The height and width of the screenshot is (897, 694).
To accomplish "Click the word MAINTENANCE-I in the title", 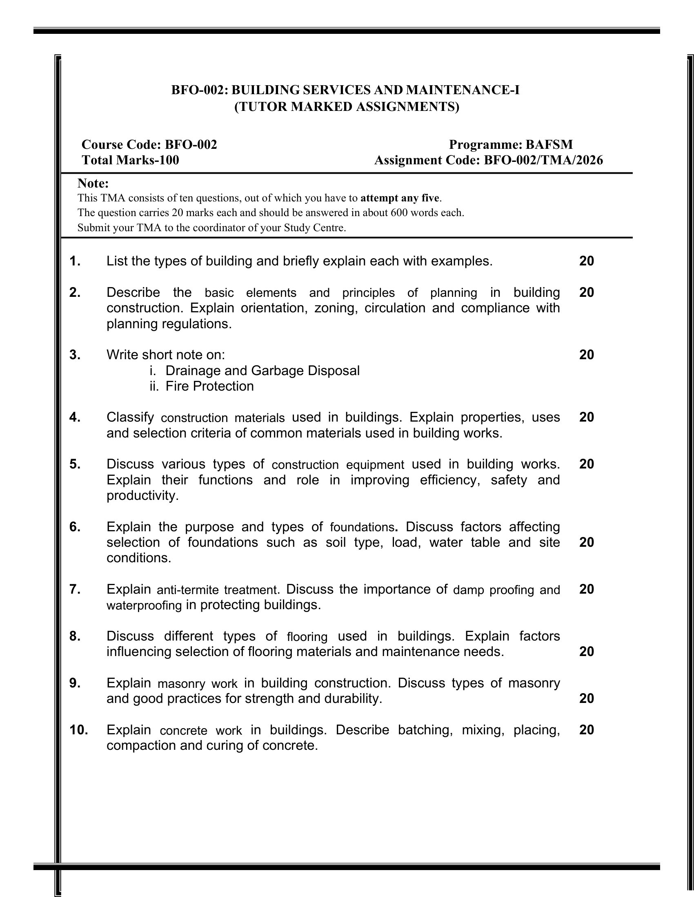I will [463, 90].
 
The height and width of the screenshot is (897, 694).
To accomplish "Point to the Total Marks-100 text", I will [130, 160].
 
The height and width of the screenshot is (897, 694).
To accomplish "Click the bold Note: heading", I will [93, 183].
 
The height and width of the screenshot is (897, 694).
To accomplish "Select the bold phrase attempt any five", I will [400, 198].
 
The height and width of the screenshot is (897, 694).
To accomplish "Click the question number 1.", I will [75, 261].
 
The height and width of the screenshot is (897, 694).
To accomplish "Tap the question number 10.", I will [78, 730].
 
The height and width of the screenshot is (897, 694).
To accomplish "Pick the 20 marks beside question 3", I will [586, 354].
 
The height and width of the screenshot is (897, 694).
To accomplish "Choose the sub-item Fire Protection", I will [209, 386].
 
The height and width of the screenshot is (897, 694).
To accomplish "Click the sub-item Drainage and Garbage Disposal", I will [262, 371].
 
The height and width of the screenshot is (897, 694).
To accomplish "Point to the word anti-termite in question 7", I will [188, 590].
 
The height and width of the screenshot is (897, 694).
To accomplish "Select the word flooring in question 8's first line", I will [307, 636].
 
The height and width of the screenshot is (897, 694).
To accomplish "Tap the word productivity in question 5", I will [142, 496].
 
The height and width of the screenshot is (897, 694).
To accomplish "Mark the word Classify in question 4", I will [130, 417].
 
